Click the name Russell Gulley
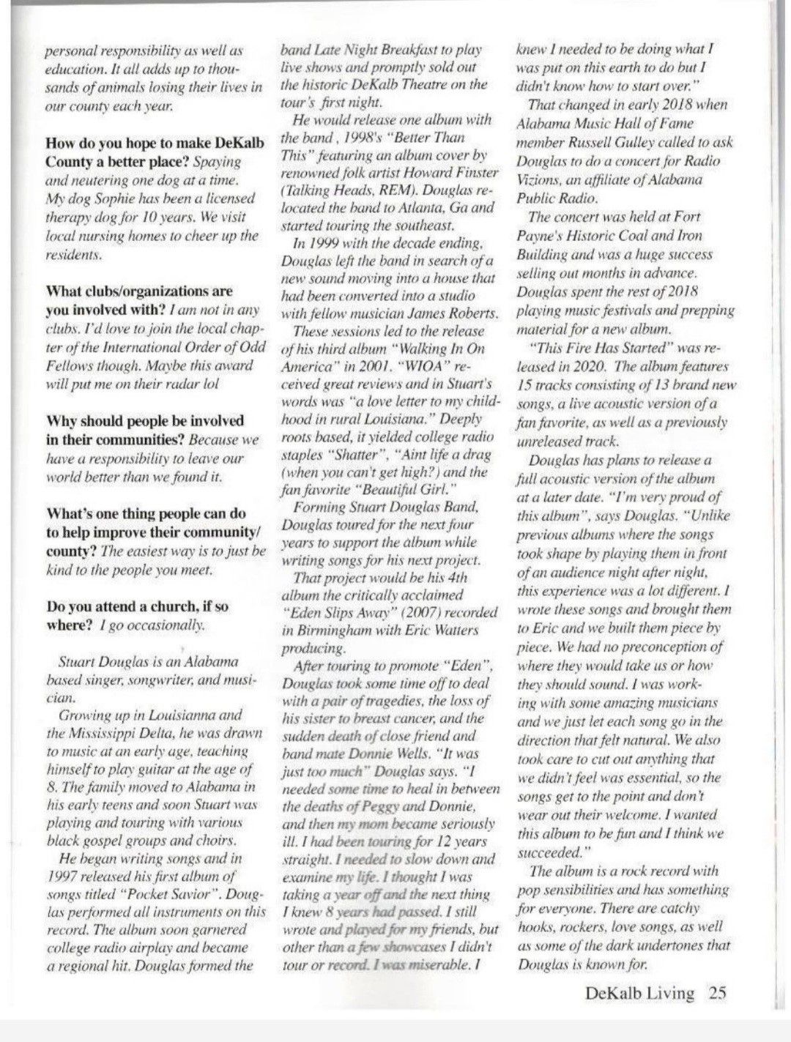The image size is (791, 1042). click(645, 143)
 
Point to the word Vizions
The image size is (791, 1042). click(538, 180)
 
